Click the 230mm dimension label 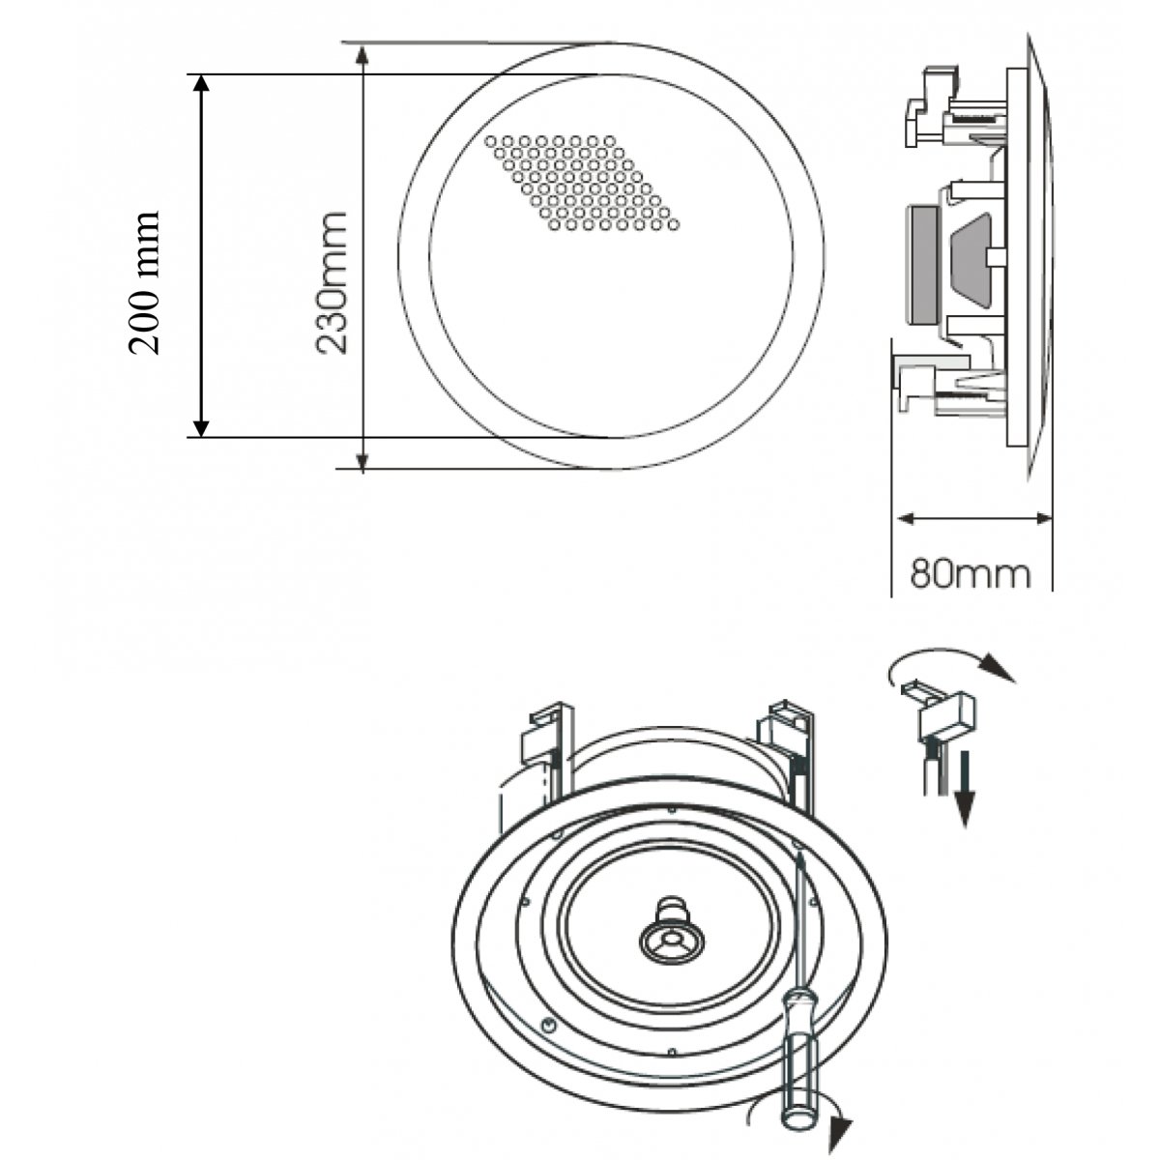(332, 282)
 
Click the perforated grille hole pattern (582, 183)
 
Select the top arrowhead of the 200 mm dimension (201, 84)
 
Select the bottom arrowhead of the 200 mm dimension (201, 426)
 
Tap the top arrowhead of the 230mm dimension (362, 54)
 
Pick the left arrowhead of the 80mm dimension (906, 518)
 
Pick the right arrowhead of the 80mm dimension (1042, 518)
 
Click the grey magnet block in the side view (925, 265)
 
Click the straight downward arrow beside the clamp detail (965, 788)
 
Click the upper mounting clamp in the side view (934, 108)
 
